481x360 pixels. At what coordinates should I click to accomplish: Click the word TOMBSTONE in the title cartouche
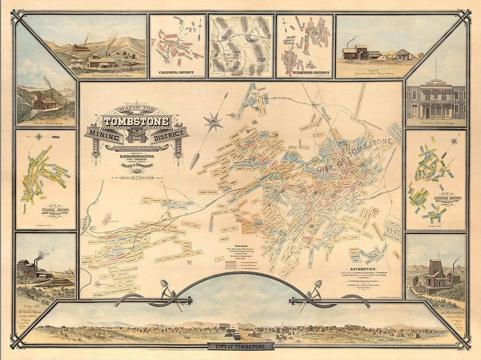pos(137,122)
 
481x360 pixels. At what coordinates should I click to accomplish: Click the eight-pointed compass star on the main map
pos(213,122)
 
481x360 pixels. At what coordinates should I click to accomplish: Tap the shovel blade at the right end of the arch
pos(318,286)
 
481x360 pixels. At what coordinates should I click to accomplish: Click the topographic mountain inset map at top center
pos(240,45)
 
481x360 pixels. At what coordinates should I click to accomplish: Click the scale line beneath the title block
pos(137,179)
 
